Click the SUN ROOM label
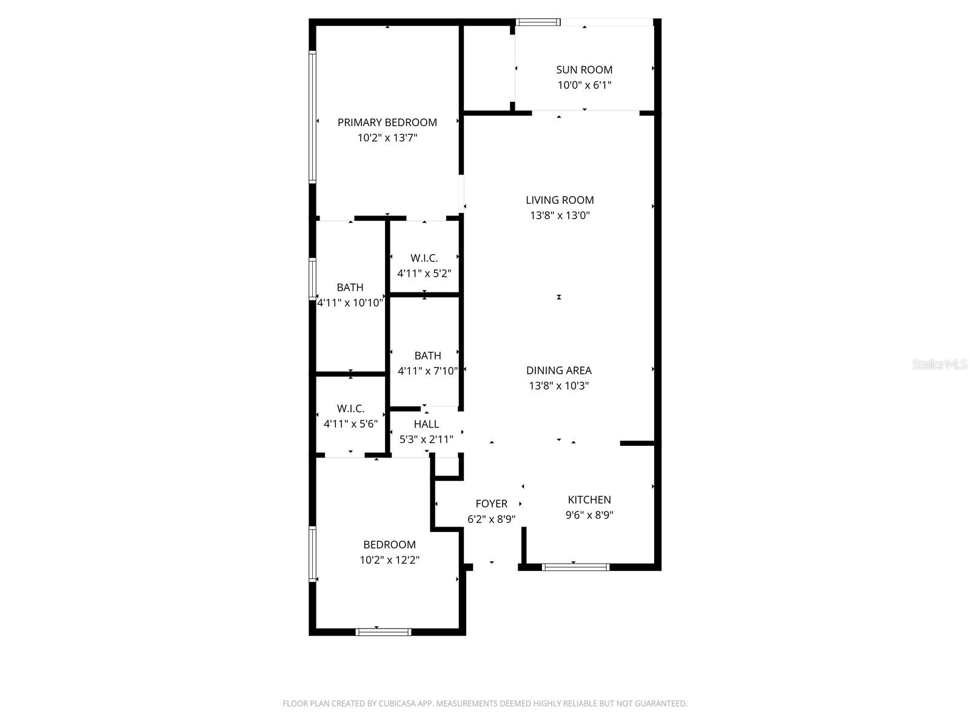pos(584,70)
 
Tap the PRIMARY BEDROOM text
pos(387,123)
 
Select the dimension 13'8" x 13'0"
pos(560,215)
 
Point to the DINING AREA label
pos(558,371)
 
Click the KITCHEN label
pos(589,500)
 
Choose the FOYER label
pos(491,504)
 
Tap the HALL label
pos(426,424)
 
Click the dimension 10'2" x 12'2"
pos(389,560)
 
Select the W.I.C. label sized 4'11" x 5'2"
pos(424,258)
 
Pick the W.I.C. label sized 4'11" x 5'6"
pos(350,409)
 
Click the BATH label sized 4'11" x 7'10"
pos(427,356)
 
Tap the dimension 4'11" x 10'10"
pos(350,303)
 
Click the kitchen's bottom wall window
pos(575,567)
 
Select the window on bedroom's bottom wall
pos(383,632)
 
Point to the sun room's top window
pos(538,22)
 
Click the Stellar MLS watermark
pos(940,364)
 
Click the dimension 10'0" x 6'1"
pos(584,86)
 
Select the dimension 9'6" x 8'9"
pos(589,516)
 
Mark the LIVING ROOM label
pos(560,200)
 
